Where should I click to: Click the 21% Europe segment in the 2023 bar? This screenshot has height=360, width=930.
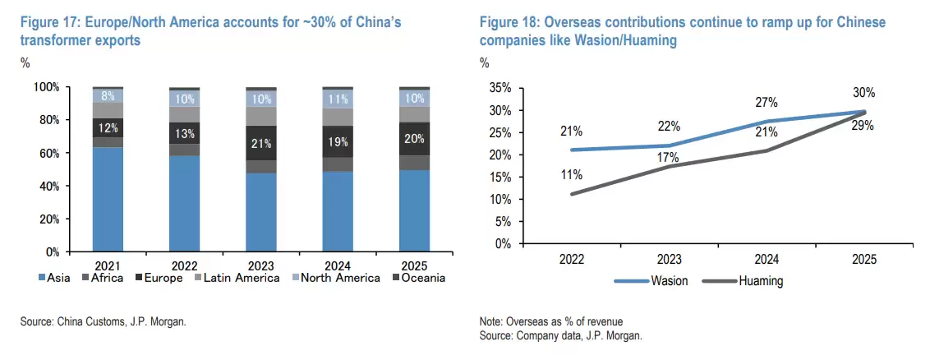pos(262,143)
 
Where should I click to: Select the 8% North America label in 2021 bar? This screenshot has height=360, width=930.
pos(108,96)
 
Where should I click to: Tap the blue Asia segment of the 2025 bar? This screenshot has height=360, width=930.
pos(414,210)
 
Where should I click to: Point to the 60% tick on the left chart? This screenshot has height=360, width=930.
pos(47,153)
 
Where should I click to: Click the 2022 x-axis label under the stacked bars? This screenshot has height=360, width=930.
pos(185,265)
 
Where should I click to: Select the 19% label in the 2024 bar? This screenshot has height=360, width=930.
pos(338,141)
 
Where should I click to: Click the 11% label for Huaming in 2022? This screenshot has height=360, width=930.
pos(572,175)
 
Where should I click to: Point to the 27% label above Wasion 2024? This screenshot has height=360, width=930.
pos(766,102)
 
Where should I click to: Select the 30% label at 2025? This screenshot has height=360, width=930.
pos(863,93)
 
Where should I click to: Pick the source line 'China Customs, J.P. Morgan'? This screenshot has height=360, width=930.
pos(103,322)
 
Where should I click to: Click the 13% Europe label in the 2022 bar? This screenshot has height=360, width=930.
pos(185,134)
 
